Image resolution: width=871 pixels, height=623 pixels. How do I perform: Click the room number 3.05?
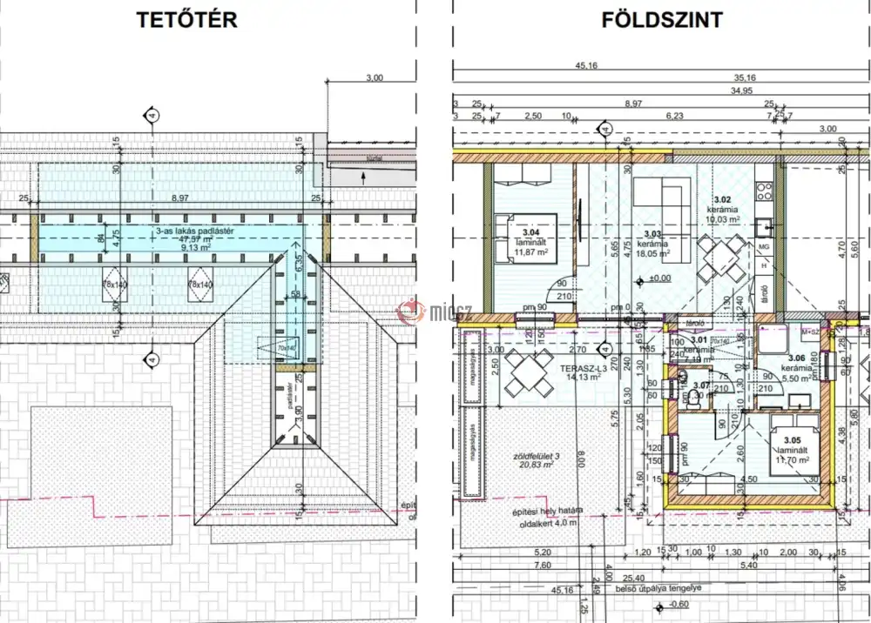[790, 441]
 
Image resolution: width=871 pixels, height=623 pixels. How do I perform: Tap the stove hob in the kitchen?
[765, 187]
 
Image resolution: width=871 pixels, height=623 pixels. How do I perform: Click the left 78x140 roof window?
[115, 285]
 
